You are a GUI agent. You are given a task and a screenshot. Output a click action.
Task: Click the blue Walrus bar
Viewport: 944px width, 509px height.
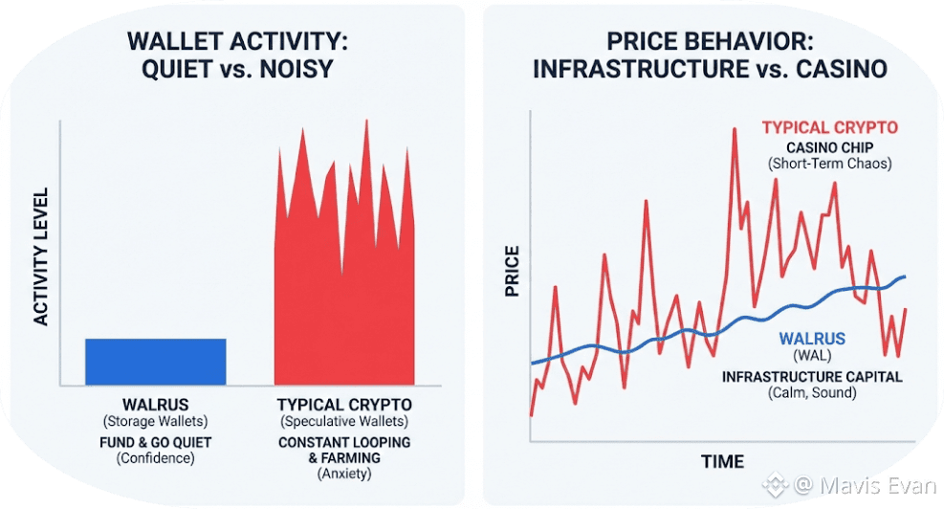coord(156,362)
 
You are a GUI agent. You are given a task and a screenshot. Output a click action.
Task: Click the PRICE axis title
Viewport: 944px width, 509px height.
coord(513,271)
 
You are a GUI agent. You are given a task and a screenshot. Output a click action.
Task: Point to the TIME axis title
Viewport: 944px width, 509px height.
coord(722,462)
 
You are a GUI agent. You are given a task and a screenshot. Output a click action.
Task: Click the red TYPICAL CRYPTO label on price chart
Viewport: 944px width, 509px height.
coord(829,127)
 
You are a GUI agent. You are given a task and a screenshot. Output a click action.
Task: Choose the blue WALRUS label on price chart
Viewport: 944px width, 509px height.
coord(812,339)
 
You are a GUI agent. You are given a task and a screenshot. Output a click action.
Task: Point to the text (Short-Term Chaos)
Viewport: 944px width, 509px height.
coord(829,164)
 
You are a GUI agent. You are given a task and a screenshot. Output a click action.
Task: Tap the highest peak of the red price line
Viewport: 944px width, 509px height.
coord(735,129)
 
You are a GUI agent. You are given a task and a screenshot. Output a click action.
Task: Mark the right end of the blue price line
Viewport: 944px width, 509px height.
coord(904,277)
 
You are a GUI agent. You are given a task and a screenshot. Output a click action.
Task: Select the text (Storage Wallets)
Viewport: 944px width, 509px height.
coord(155,421)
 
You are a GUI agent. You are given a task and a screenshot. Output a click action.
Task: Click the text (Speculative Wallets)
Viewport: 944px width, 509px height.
coord(344,421)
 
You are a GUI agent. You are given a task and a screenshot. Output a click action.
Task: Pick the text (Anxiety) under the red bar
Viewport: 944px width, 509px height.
coord(344,475)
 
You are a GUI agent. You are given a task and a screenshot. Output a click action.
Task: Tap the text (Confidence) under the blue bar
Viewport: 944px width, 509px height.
coord(155,458)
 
